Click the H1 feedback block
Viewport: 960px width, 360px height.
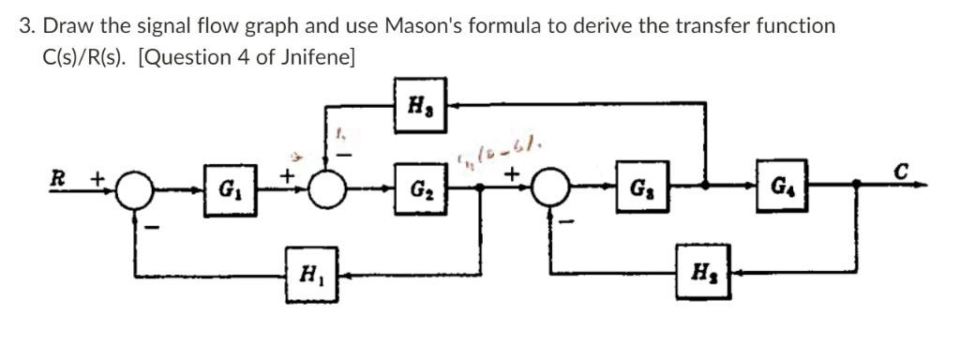point(307,277)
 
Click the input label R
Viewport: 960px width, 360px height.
point(58,176)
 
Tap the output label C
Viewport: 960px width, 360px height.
point(900,172)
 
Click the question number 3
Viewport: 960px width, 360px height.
point(25,25)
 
